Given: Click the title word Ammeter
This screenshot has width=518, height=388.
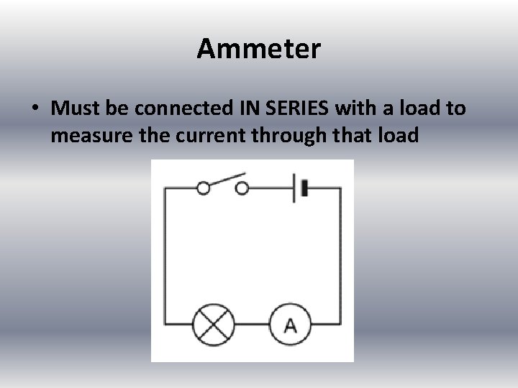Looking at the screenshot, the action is click(259, 49).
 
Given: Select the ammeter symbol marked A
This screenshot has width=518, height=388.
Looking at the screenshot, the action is click(290, 325).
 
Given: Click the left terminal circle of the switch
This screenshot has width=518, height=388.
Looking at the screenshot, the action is click(204, 189).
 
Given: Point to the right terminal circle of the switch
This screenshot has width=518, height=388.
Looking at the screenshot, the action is click(242, 189).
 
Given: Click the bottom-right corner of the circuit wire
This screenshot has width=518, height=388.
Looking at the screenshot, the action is click(340, 325).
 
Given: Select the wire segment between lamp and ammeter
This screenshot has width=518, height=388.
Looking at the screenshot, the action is click(252, 325).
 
